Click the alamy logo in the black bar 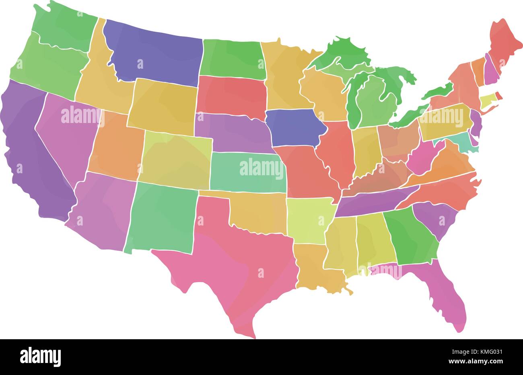click(x=41, y=356)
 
